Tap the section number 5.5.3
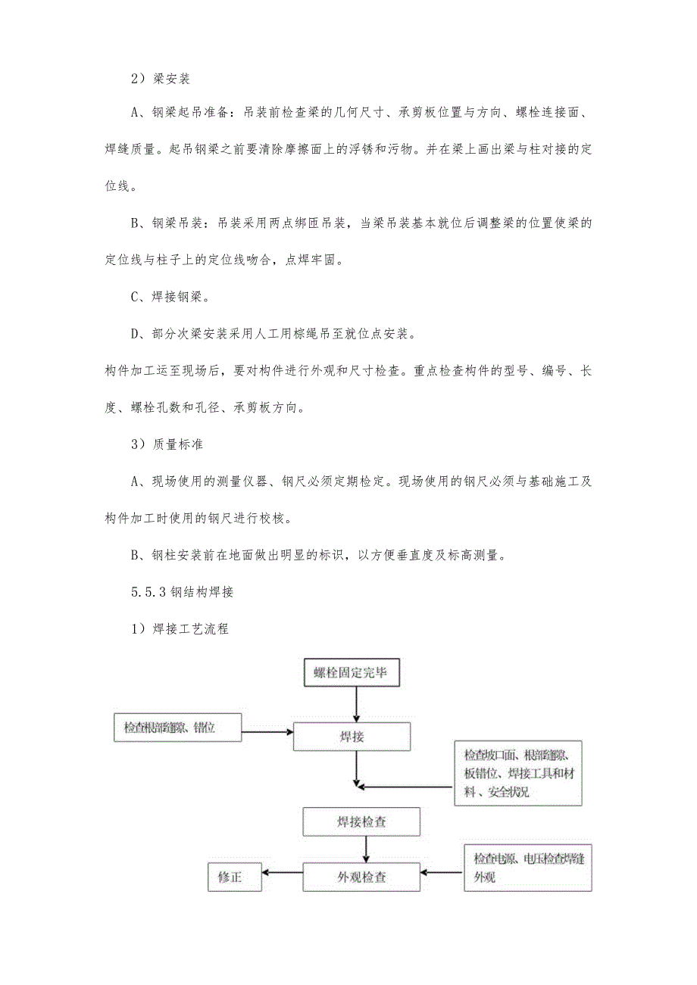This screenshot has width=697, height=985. (x=148, y=592)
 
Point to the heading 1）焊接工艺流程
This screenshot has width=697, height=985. (x=180, y=629)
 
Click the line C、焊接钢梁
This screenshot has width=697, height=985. (x=167, y=298)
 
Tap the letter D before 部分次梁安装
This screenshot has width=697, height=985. (x=137, y=334)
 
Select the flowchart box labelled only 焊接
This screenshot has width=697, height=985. (x=352, y=736)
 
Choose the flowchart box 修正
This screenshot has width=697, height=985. (x=235, y=877)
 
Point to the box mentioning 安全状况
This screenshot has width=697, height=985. (x=518, y=773)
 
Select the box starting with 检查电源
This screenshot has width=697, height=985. (x=527, y=867)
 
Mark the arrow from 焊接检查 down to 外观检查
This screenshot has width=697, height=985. (x=366, y=849)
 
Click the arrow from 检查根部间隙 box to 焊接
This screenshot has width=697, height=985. (x=267, y=732)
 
